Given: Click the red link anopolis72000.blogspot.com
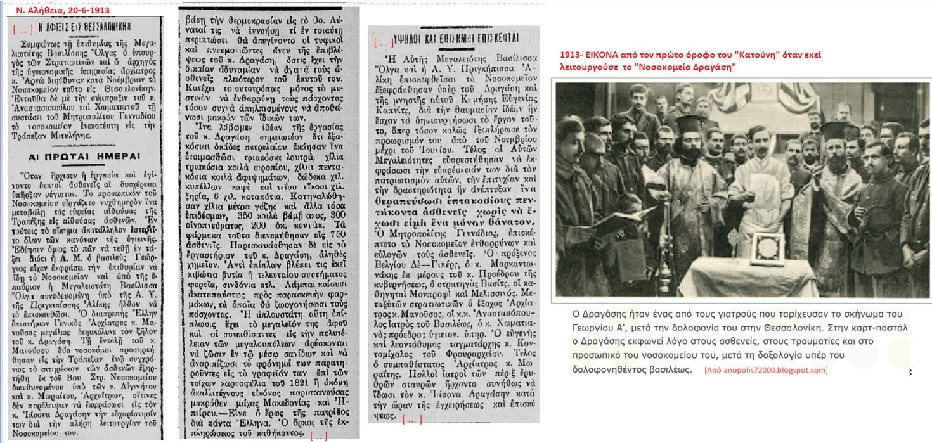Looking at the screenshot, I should (765, 370).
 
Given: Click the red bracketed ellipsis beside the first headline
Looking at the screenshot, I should (23, 29).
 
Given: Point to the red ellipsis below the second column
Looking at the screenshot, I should (318, 435).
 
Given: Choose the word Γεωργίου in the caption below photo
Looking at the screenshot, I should (583, 327).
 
